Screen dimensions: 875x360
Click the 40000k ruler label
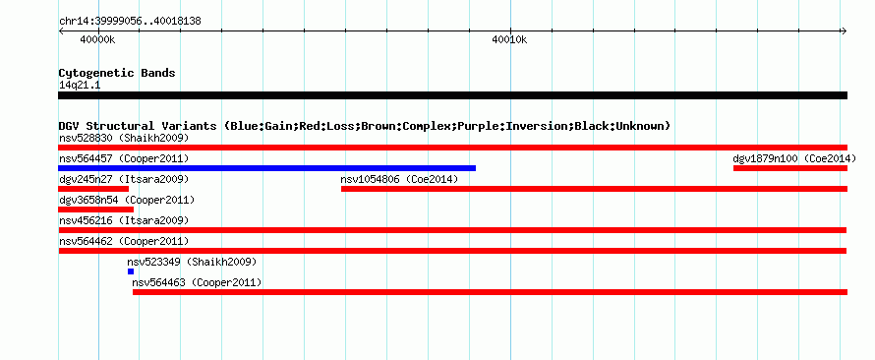click(97, 39)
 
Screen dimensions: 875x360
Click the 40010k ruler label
click(509, 39)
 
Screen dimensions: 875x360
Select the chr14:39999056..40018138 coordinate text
click(130, 22)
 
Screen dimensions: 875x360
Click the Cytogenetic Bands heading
click(117, 73)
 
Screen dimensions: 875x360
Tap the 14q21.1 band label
click(80, 86)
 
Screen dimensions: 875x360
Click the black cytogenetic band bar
click(452, 95)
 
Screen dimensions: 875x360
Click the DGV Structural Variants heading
click(365, 126)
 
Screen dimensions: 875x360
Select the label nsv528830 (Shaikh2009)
click(124, 138)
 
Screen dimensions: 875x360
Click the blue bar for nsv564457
click(266, 168)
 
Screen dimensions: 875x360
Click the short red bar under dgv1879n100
click(790, 168)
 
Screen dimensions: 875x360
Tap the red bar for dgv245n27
click(93, 189)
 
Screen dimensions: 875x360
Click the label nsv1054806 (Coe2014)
click(399, 180)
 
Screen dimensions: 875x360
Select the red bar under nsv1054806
click(594, 189)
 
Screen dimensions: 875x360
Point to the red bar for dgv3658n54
click(96, 210)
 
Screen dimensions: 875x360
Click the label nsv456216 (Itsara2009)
click(124, 221)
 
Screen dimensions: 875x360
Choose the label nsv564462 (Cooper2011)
click(124, 242)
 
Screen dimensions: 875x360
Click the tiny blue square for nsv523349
click(131, 271)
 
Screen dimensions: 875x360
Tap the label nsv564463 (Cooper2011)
click(197, 283)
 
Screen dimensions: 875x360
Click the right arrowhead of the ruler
click(845, 31)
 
